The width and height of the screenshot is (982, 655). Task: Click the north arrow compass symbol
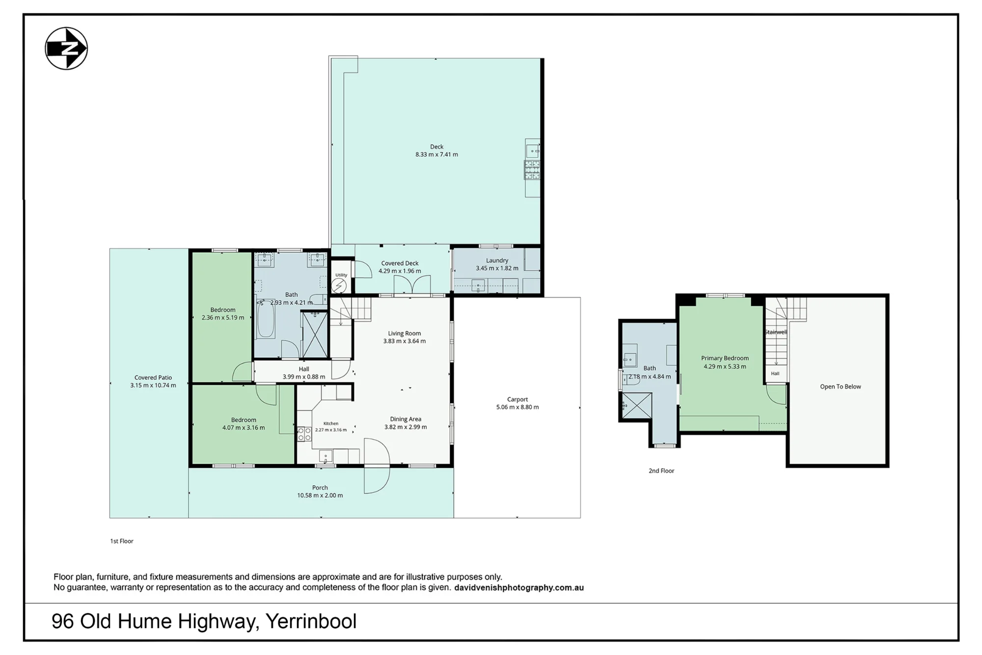click(x=66, y=49)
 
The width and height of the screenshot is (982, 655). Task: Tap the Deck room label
click(x=436, y=147)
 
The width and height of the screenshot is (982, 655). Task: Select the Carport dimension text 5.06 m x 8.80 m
click(x=518, y=407)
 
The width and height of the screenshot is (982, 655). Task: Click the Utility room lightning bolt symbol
click(x=339, y=285)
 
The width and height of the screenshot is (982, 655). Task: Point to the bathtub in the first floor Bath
click(x=266, y=319)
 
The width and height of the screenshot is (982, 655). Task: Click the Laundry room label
click(x=497, y=260)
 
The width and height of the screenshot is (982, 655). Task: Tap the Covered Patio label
click(x=153, y=378)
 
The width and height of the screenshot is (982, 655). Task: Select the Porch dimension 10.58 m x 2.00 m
click(x=320, y=495)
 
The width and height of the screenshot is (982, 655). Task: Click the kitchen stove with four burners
click(x=304, y=434)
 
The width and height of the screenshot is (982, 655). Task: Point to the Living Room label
click(x=405, y=333)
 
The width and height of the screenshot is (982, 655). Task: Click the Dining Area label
click(x=406, y=419)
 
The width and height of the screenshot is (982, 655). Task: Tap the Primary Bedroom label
click(x=725, y=358)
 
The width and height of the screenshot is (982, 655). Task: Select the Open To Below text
click(x=841, y=387)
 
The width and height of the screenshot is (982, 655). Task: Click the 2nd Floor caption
click(x=661, y=471)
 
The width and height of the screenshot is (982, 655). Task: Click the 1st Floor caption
click(x=122, y=541)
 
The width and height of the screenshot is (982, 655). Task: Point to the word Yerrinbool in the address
click(x=311, y=622)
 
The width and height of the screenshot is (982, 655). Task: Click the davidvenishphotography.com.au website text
click(x=519, y=588)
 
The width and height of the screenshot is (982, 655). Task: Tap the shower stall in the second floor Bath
click(x=637, y=406)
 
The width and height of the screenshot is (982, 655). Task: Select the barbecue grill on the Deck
click(x=532, y=171)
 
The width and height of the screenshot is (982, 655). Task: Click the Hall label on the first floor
click(x=304, y=369)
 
